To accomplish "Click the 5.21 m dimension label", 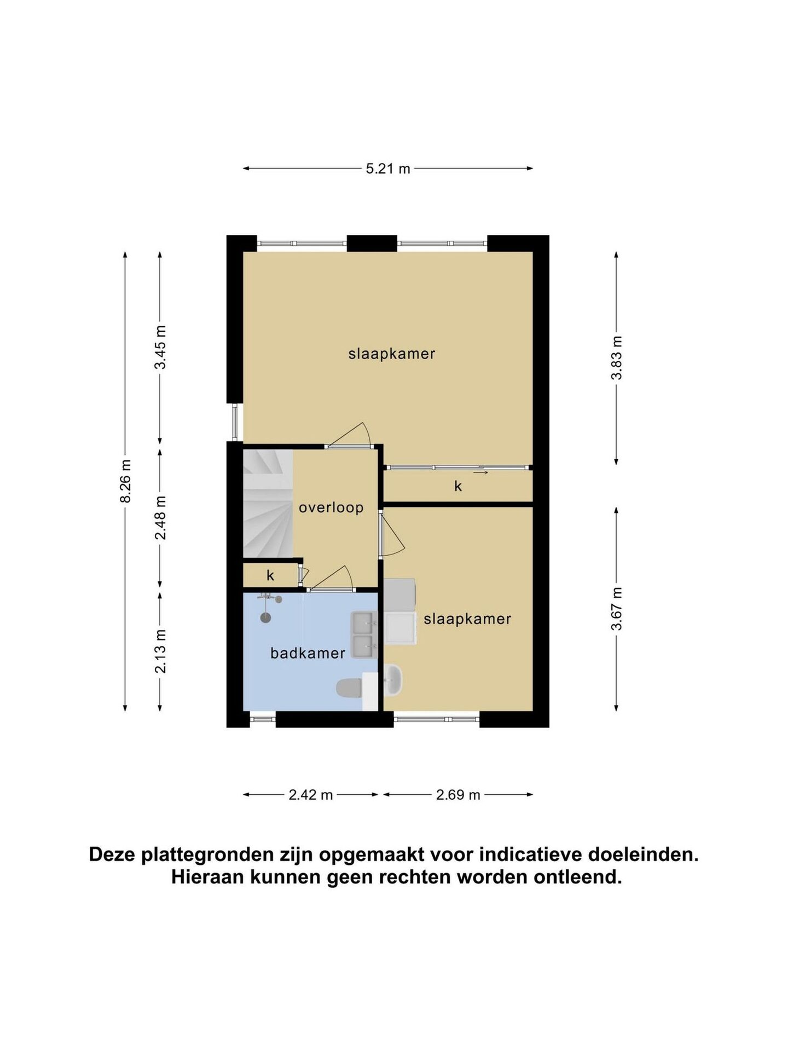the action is point(388,169).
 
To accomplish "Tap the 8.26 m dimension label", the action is point(126,481).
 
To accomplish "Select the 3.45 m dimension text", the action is point(160,347).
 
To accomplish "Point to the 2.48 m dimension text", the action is point(160,518).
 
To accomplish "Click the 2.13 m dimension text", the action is point(160,651).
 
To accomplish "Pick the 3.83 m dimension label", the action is point(617,357).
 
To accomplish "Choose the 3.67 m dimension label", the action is point(617,609).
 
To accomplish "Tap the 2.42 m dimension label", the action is point(311,795).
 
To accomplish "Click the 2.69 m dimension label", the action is point(458,795).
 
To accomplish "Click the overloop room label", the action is point(331,508).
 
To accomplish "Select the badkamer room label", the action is point(308,653).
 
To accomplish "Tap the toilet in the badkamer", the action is point(349,689).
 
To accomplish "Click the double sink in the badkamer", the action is point(364,635).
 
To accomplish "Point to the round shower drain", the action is point(266,618).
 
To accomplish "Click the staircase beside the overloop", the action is point(268,503).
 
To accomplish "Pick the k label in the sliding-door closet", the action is point(458,486).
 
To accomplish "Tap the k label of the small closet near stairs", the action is point(270,576).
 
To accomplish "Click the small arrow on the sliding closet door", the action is point(480,472).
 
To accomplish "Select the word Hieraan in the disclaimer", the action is point(208,877).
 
